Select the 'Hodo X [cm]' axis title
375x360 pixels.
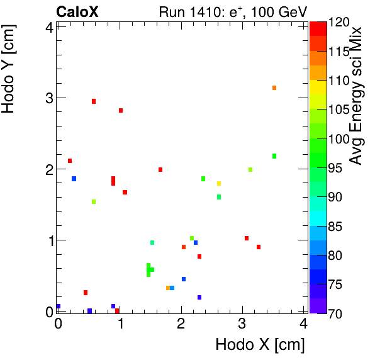point(260,344)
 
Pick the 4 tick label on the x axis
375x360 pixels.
point(304,324)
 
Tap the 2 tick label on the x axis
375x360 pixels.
point(181,324)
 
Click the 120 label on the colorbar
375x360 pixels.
point(339,22)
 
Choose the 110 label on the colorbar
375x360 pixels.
point(339,80)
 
